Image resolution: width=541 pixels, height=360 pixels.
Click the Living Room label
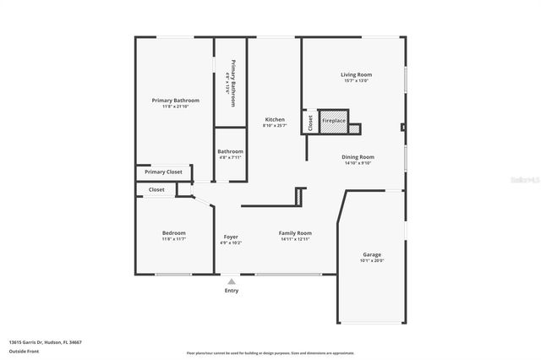click(356, 74)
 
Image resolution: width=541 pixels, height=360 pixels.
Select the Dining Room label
click(358, 156)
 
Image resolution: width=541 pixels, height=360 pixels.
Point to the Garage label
click(372, 254)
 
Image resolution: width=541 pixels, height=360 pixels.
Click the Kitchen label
click(275, 119)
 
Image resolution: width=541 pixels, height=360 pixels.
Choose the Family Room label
click(295, 233)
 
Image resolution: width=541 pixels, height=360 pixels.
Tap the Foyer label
click(231, 237)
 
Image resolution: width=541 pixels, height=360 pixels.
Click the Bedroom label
click(174, 233)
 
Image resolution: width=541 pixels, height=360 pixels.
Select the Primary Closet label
click(163, 172)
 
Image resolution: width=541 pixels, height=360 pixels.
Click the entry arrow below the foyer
click(231, 280)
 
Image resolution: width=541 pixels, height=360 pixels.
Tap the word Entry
click(231, 291)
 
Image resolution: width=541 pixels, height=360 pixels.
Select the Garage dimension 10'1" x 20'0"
click(372, 260)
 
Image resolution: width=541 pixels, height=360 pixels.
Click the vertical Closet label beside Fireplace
click(310, 123)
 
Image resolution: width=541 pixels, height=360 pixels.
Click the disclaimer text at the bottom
click(270, 352)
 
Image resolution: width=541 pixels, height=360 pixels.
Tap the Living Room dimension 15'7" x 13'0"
click(356, 81)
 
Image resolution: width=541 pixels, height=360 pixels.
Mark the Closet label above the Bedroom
click(156, 189)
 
